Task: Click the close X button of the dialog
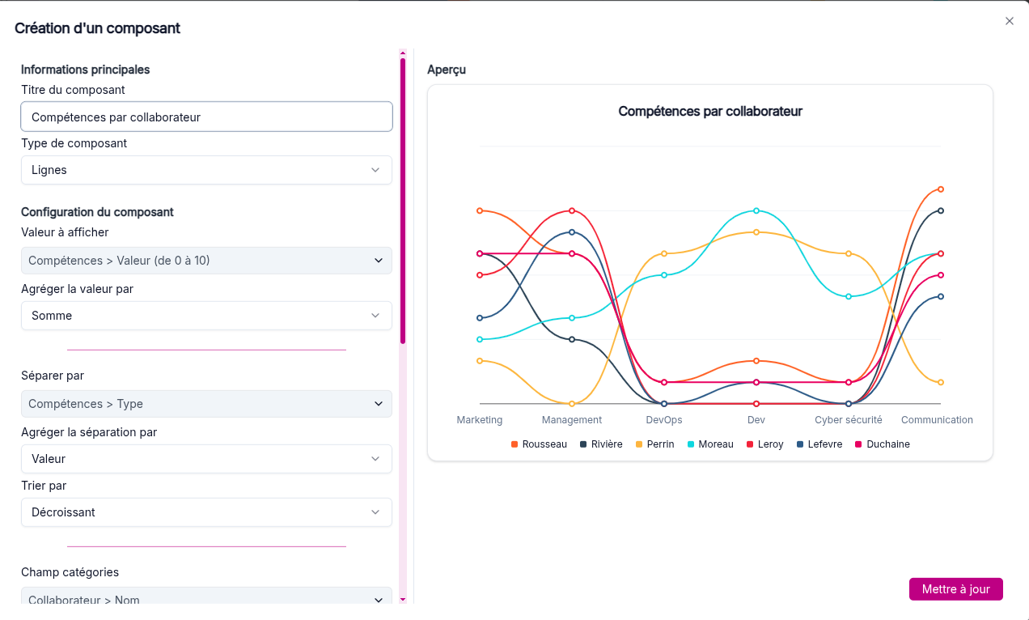pos(1009,21)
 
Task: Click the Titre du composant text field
pos(206,117)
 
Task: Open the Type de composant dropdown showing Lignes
pos(206,170)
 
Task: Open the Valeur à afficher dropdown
pos(206,261)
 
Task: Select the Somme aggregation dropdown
pos(206,316)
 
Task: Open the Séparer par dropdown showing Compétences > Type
pos(206,404)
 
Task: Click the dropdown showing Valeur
pos(206,459)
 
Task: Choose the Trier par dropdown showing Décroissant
pos(206,512)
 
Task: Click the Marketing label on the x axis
pos(480,420)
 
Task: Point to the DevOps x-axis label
pos(664,420)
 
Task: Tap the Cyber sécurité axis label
pos(849,420)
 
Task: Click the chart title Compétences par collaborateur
pos(710,112)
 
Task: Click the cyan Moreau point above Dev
pos(756,210)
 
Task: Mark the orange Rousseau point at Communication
pos(941,189)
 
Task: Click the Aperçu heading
pos(447,70)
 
